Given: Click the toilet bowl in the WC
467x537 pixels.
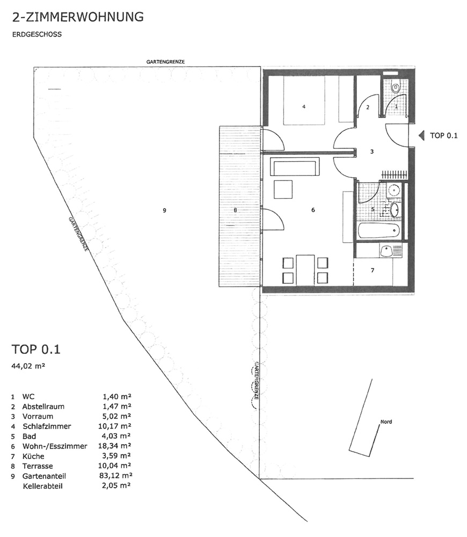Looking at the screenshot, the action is [396, 88].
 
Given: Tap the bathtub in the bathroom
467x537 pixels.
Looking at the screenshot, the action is [378, 230].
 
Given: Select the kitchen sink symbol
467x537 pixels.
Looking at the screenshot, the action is [387, 250].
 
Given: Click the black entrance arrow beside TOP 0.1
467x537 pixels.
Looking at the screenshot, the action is [421, 136].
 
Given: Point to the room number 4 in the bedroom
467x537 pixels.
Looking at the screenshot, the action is [304, 107].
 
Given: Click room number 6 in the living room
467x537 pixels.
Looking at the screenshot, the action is [313, 210].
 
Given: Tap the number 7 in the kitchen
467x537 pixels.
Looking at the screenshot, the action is [373, 270].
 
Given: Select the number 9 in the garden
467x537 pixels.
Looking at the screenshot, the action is [164, 211].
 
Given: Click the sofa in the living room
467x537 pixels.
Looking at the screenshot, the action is [295, 166].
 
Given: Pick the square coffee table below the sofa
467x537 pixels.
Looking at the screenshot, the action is [283, 189].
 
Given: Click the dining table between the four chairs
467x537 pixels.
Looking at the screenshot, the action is [305, 270].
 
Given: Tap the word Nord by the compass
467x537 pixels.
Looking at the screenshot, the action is [386, 422].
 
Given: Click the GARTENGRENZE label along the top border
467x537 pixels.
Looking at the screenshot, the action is [165, 62].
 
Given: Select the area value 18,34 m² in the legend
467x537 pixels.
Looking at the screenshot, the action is [115, 446].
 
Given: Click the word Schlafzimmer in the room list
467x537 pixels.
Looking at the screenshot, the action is [47, 426].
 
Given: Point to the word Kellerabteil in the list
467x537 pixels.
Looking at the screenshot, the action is [43, 486].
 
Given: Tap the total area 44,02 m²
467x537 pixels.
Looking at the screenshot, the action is [28, 366].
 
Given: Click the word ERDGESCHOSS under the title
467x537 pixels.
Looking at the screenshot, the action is [37, 34].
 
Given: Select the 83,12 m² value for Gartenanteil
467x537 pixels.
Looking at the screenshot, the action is [115, 476].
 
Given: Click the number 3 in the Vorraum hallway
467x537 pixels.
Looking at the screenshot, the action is [372, 151].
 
